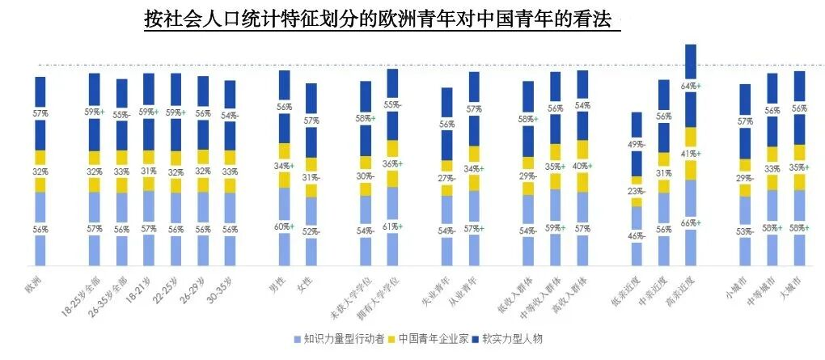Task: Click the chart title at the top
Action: coord(381,19)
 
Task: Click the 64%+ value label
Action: coord(690,86)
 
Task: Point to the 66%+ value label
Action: coord(690,222)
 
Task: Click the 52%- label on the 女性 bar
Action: coord(311,231)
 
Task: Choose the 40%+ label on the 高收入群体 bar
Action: coord(582,166)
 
